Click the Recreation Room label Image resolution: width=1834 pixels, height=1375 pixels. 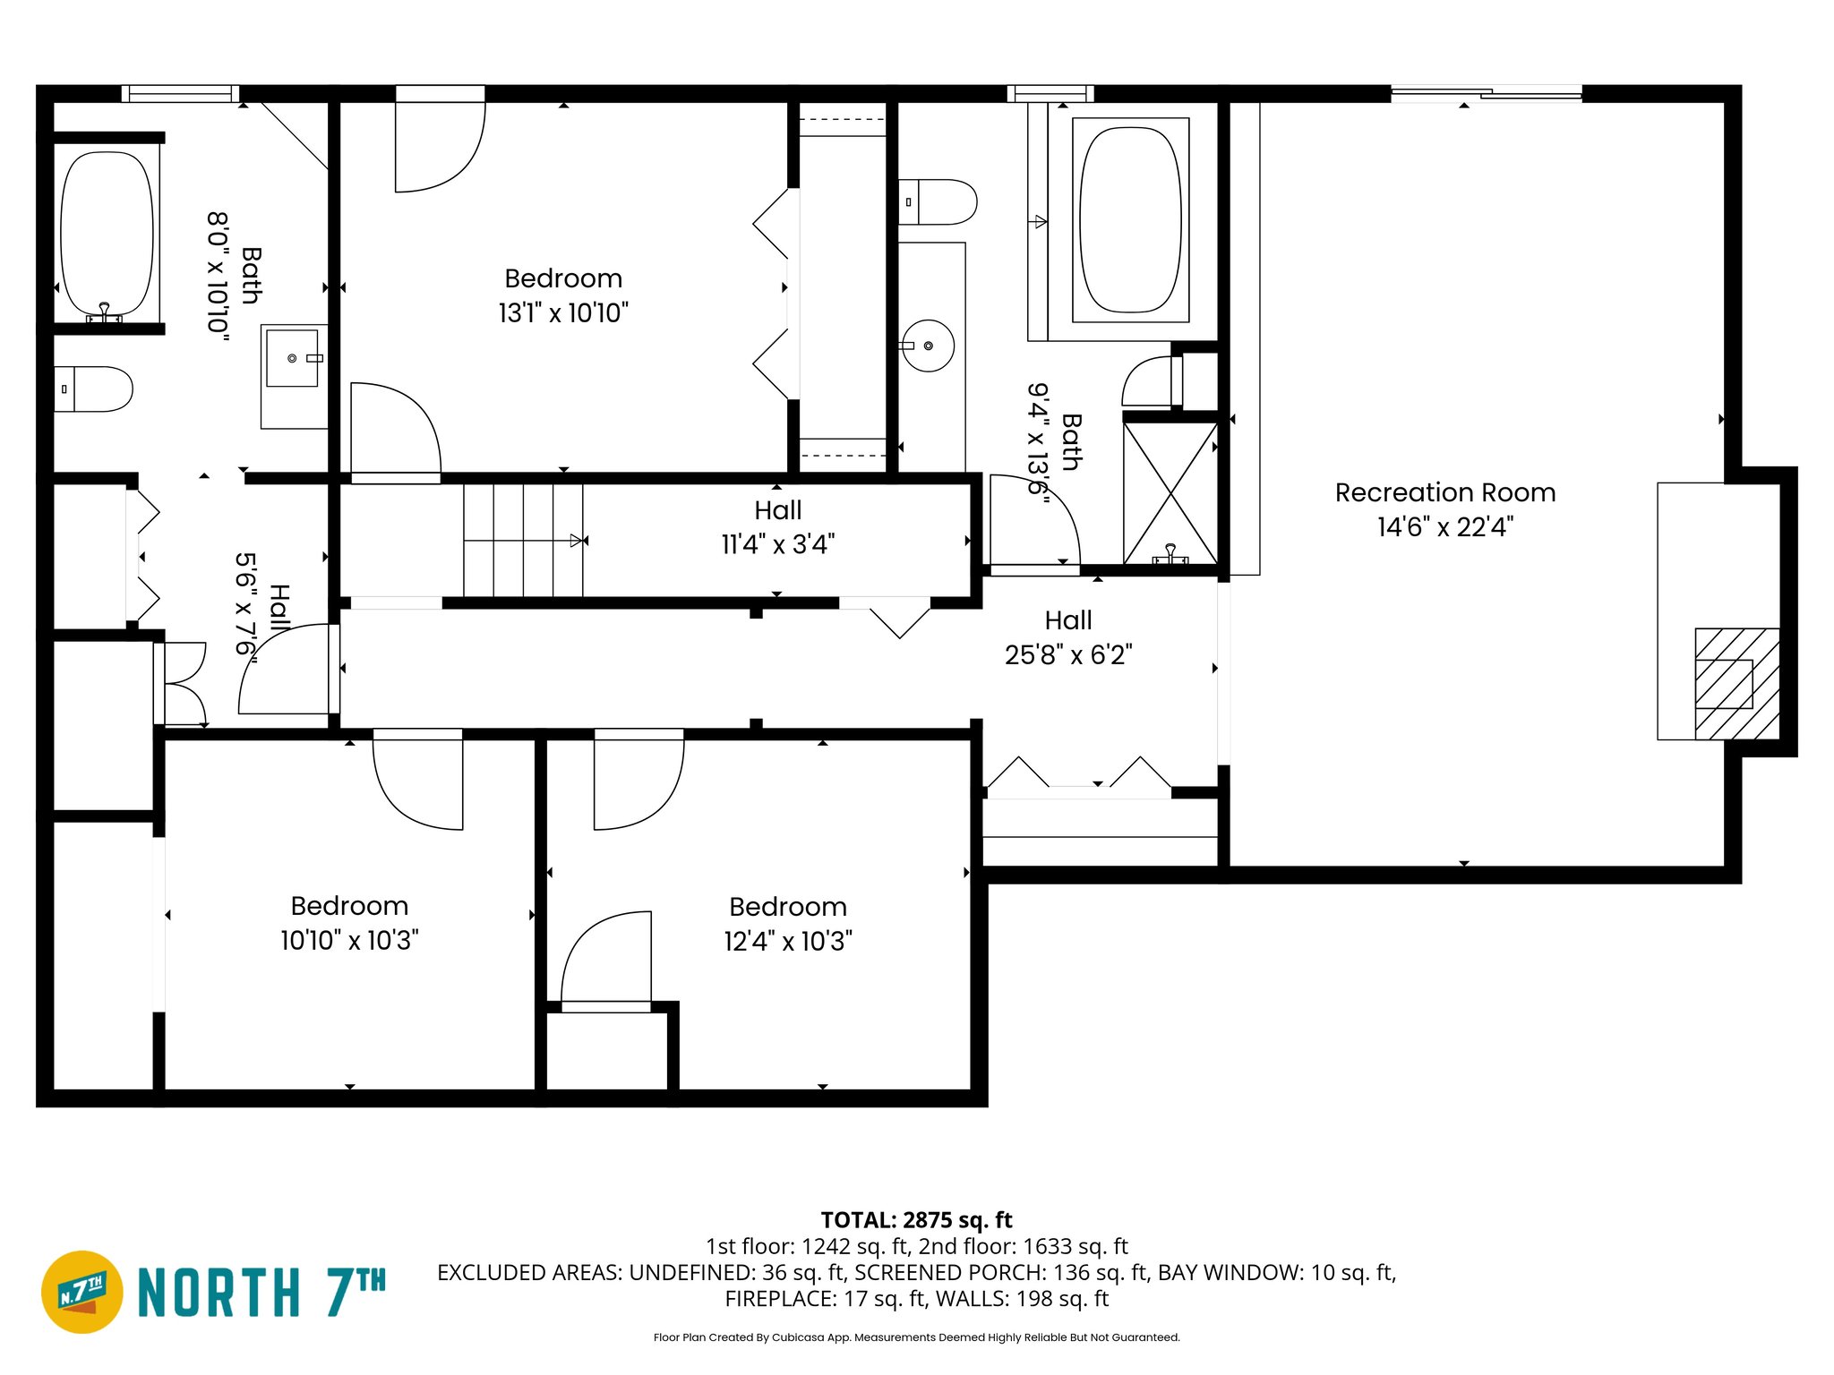1444,492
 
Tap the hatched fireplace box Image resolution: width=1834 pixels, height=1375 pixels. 1736,684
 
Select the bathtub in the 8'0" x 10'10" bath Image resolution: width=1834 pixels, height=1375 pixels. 107,235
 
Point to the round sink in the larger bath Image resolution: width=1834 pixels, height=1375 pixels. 928,346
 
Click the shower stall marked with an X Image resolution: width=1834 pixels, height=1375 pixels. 1170,492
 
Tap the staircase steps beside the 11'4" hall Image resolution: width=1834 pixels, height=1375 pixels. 522,540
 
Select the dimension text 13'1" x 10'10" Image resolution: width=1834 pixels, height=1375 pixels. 563,313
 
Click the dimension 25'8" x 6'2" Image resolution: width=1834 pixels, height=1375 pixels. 1068,655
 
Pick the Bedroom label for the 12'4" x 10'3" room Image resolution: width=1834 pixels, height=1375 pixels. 788,907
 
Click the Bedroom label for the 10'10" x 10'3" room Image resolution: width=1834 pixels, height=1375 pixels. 349,906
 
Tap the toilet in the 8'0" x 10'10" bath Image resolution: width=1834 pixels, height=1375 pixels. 93,389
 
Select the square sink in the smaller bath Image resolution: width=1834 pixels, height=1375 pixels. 293,358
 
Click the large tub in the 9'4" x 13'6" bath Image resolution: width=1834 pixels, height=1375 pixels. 1130,220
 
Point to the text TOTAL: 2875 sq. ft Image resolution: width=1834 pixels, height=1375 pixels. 916,1220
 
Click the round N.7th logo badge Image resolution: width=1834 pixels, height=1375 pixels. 82,1292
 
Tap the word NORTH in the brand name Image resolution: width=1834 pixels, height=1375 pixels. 219,1293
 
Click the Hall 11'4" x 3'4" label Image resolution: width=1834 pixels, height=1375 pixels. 777,527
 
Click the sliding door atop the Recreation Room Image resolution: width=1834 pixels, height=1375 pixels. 1486,93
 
